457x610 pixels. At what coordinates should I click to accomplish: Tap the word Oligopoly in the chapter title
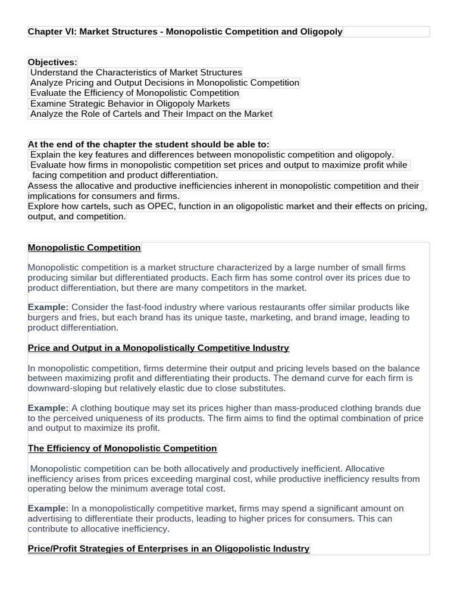click(320, 32)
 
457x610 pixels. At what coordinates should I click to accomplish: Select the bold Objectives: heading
click(52, 62)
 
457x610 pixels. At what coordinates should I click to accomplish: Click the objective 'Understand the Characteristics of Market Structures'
click(136, 73)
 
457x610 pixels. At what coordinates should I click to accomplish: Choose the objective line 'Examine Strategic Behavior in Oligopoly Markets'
click(130, 103)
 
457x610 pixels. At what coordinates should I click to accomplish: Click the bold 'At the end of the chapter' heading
click(148, 144)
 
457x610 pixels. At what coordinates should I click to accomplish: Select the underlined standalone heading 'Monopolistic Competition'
click(84, 247)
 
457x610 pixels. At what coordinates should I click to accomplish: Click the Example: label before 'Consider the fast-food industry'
click(48, 307)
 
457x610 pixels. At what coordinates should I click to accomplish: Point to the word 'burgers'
click(43, 318)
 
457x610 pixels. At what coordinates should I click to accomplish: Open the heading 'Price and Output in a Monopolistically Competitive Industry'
click(158, 347)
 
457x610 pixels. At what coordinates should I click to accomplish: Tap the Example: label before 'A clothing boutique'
click(48, 408)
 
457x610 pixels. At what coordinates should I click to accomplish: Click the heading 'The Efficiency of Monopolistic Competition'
click(122, 448)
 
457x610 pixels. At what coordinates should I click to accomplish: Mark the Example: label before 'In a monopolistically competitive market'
click(48, 508)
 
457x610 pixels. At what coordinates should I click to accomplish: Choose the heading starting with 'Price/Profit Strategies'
click(168, 548)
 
